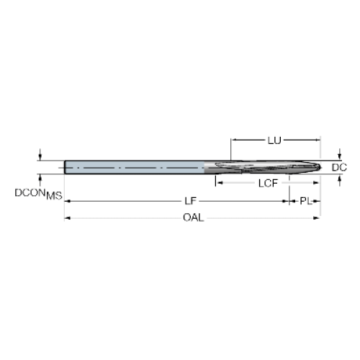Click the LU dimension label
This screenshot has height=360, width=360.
click(274, 140)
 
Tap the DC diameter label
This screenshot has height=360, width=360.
click(339, 168)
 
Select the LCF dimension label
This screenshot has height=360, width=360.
click(268, 184)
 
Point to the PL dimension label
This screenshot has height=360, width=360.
click(305, 201)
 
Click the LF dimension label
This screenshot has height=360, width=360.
click(190, 201)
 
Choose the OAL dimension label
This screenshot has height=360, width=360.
click(194, 217)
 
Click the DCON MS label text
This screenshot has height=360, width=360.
click(38, 194)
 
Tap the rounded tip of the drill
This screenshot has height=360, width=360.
click(319, 167)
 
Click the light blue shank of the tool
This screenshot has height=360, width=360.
click(135, 167)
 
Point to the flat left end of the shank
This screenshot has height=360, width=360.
click(65, 167)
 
